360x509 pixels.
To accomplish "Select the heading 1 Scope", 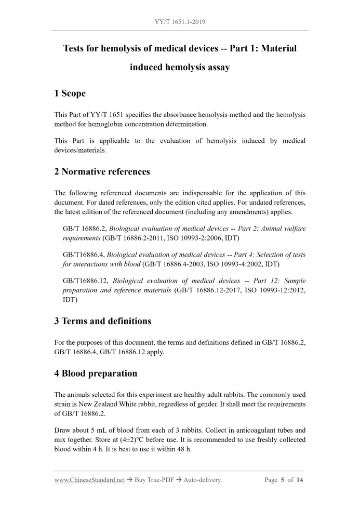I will pyautogui.click(x=70, y=93).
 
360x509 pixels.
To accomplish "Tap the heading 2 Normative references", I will pyautogui.click(x=102, y=171).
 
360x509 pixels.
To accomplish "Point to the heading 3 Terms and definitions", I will pyautogui.click(x=103, y=321).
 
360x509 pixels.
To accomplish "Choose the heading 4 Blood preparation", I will pyautogui.click(x=96, y=373).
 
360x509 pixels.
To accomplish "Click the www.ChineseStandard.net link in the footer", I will pyautogui.click(x=89, y=480).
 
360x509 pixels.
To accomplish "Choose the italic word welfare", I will pyautogui.click(x=292, y=229).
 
